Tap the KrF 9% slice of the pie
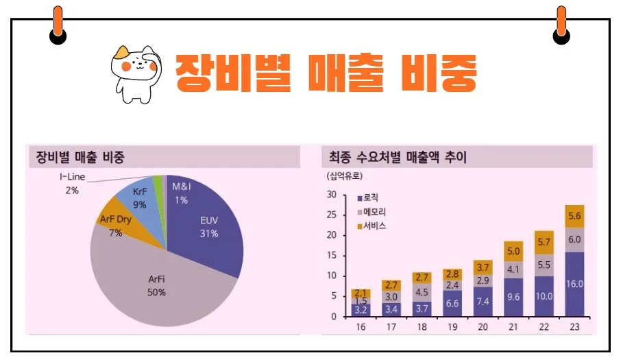tap(139, 199)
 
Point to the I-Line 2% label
tap(72, 184)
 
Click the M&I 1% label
tap(181, 193)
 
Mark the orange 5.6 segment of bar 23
tap(574, 215)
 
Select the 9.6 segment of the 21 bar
tap(513, 298)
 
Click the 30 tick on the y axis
tap(332, 195)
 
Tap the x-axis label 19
tap(453, 328)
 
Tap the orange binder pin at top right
tap(561, 25)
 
